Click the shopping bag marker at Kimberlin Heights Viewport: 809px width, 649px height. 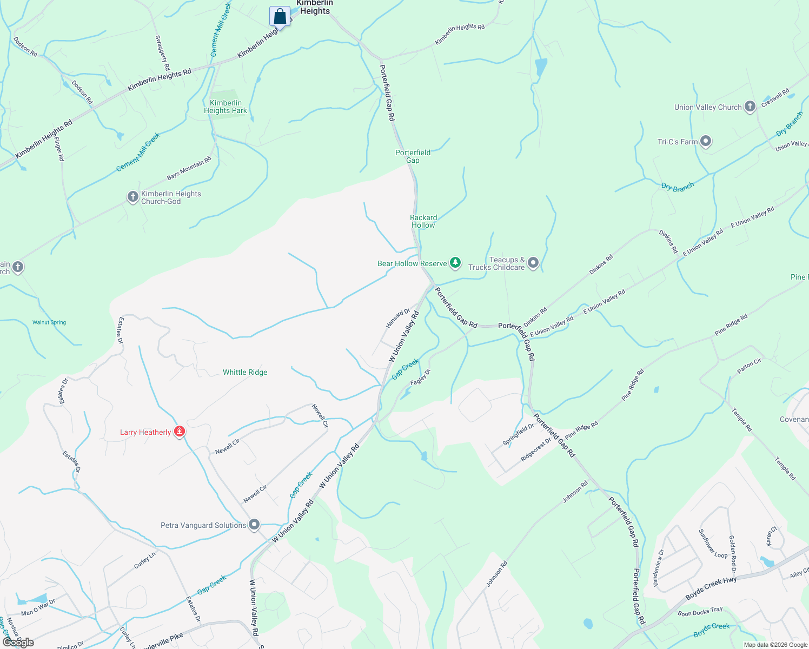pos(280,16)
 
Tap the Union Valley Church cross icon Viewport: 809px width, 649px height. pos(750,107)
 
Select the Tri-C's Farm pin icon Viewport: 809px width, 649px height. pos(705,142)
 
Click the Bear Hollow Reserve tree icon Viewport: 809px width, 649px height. pos(455,263)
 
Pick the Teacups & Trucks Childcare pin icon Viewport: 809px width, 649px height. pos(533,263)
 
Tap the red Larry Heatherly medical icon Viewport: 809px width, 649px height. pos(180,432)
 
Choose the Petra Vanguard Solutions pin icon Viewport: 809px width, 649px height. pos(254,525)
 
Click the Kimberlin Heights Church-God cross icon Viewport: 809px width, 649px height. pos(133,197)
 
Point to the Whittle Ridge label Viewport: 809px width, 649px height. pos(245,372)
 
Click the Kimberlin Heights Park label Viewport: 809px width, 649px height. pos(226,107)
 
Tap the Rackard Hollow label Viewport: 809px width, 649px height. pos(423,221)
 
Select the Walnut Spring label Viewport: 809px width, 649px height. pos(49,322)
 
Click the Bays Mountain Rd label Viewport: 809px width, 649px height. pos(189,168)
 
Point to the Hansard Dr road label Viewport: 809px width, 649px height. pos(397,318)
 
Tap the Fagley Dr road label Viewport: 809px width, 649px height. pos(420,377)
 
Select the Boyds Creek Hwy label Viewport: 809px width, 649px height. pos(711,588)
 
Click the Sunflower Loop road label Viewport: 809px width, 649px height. pos(713,544)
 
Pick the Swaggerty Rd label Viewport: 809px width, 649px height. pos(162,52)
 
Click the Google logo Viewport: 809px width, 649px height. pos(18,642)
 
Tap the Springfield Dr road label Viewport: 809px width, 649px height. pos(518,434)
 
